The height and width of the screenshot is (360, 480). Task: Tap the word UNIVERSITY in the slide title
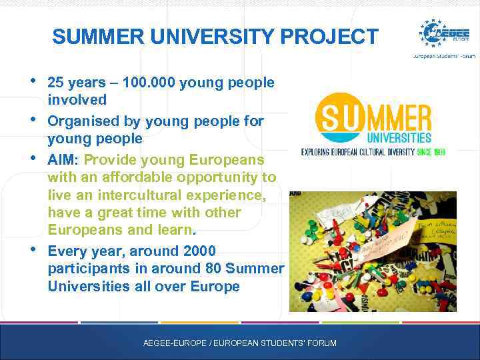click(213, 37)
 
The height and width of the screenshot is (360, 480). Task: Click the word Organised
click(79, 121)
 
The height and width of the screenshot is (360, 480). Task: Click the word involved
click(77, 100)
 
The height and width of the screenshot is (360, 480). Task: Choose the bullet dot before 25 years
click(33, 81)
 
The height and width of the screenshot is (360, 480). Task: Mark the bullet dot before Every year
click(33, 250)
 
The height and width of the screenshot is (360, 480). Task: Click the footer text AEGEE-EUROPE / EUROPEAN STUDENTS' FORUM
click(240, 343)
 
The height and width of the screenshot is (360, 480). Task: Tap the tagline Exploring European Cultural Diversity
click(357, 152)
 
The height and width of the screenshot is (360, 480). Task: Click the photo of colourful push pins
click(373, 251)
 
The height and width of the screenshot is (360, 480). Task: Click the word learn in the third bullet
click(175, 230)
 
